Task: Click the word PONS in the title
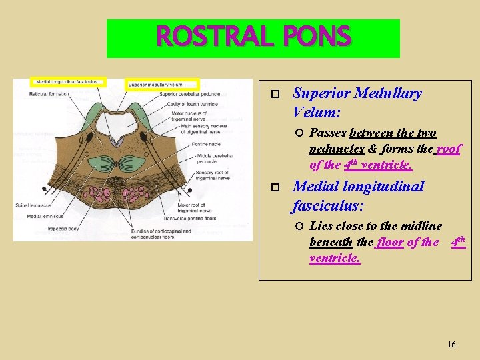tap(317, 36)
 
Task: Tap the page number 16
tap(451, 345)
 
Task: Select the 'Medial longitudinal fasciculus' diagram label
tap(67, 82)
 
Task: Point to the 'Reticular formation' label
tap(49, 95)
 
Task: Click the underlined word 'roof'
tap(448, 149)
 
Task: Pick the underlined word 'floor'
tap(390, 243)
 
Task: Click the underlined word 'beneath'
tap(331, 243)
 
